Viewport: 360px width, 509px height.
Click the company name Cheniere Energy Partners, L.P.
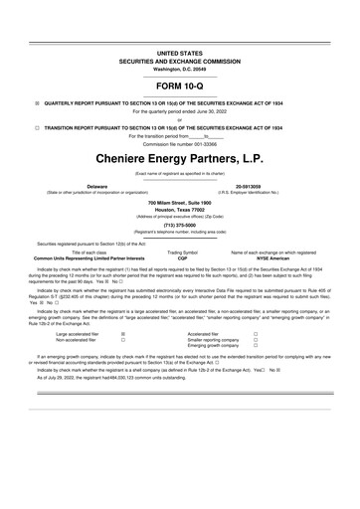tap(179, 158)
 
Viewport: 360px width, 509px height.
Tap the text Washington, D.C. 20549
tap(179, 69)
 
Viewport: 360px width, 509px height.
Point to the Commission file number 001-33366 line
tap(179, 143)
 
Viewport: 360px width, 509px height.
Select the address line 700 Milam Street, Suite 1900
tap(179, 203)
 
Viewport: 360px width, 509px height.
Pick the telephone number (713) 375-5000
tap(179, 225)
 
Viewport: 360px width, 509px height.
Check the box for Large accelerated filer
tap(122, 334)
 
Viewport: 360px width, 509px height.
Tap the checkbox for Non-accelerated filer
tap(122, 340)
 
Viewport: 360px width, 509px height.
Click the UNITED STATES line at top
tap(179, 52)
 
